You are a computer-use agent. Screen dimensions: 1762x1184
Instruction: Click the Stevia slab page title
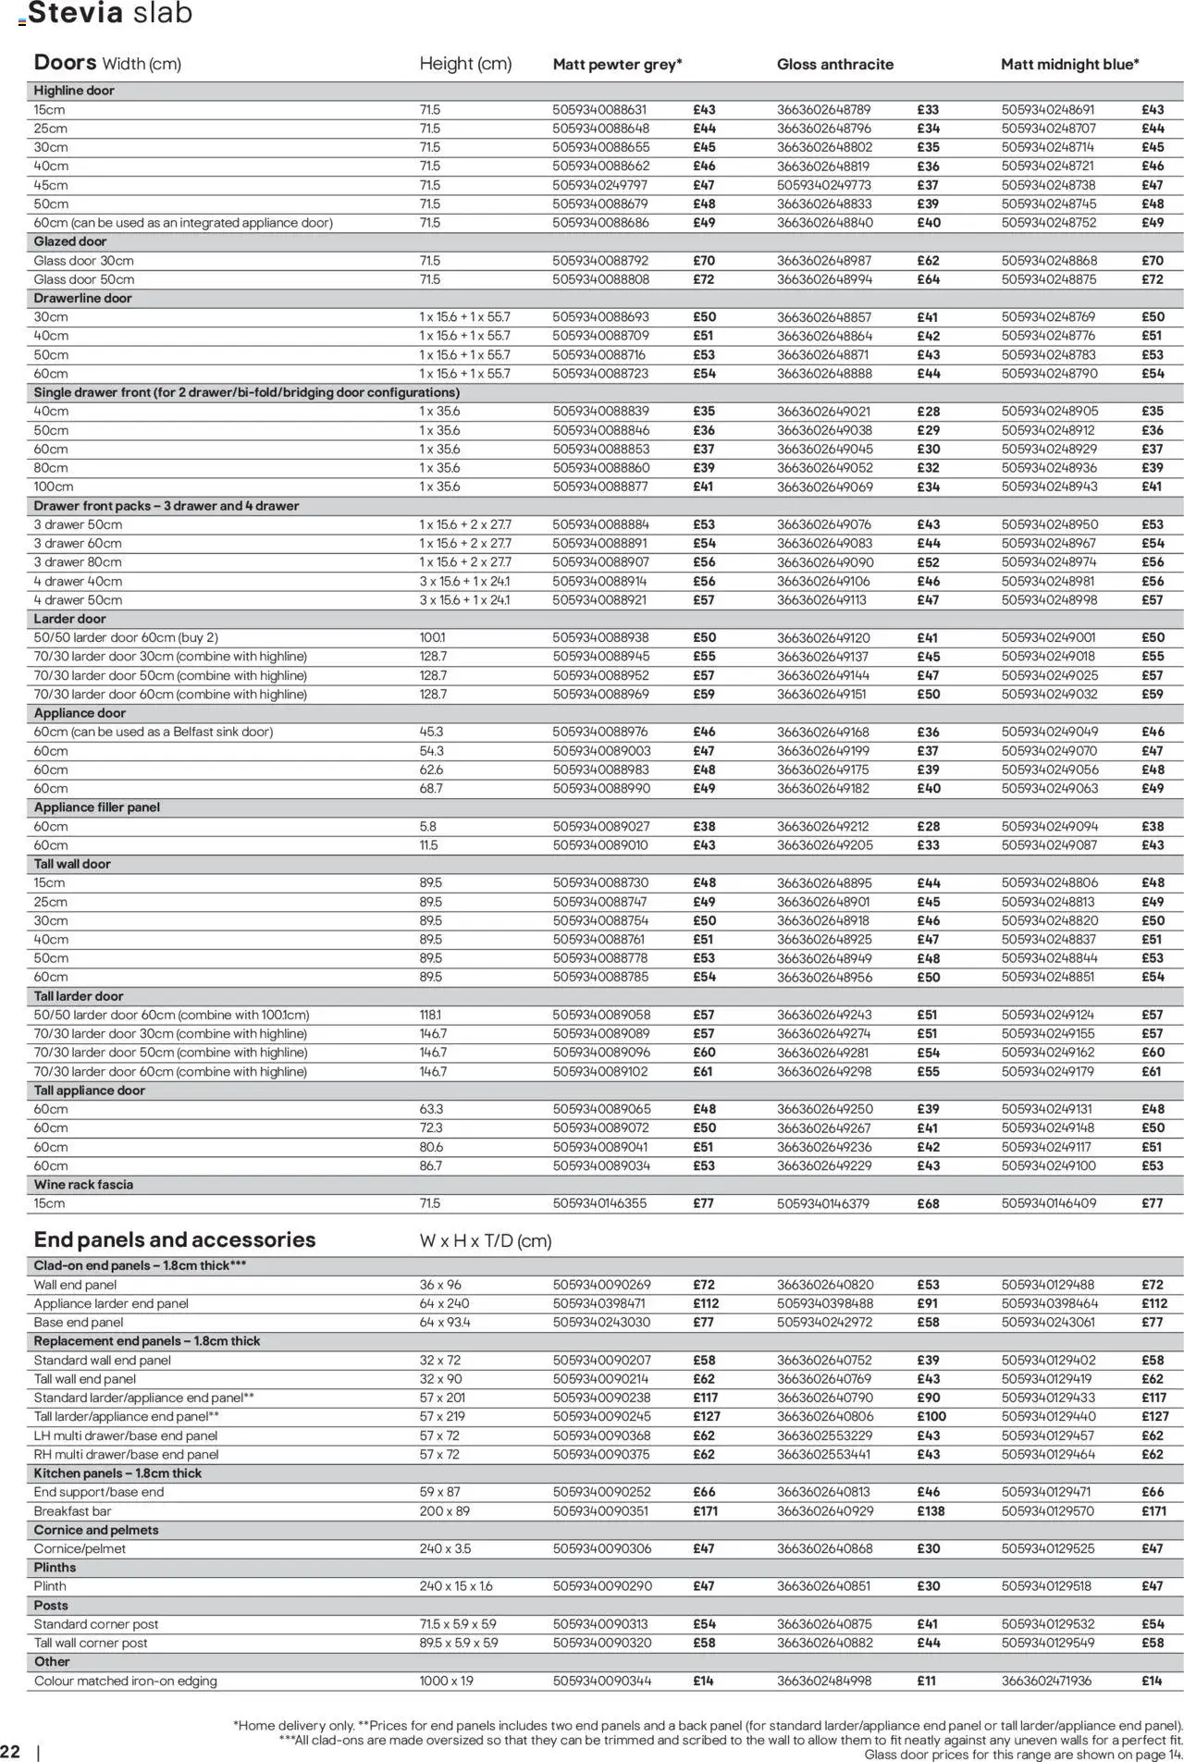tap(110, 14)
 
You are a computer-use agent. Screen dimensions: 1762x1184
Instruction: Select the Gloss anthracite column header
tap(834, 65)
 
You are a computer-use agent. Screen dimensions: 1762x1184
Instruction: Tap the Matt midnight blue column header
tap(1069, 65)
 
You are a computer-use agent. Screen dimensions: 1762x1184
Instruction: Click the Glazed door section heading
tap(70, 241)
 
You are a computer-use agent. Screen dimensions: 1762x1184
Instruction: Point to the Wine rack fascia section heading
tap(83, 1185)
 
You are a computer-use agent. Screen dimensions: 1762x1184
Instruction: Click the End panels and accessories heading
tap(175, 1240)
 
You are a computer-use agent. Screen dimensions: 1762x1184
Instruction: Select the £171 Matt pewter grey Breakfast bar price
tap(704, 1511)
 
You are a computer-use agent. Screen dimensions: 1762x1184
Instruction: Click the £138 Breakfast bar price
tap(930, 1511)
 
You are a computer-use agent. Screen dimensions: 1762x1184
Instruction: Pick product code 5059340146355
tap(600, 1204)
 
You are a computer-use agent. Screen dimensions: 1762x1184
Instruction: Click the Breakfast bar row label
tap(73, 1511)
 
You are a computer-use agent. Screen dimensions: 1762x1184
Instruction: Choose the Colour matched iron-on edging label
tap(126, 1682)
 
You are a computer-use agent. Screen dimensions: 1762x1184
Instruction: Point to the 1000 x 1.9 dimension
tap(447, 1682)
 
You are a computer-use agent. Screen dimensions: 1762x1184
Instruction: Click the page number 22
tap(10, 1752)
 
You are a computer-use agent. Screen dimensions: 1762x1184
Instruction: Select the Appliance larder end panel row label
tap(111, 1304)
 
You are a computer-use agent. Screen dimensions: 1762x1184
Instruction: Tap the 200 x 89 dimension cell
tap(445, 1511)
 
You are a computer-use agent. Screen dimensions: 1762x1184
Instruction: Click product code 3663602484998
tap(824, 1682)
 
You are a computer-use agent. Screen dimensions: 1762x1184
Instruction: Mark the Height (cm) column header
tap(465, 64)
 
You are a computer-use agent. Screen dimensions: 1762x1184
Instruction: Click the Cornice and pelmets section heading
tap(96, 1530)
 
